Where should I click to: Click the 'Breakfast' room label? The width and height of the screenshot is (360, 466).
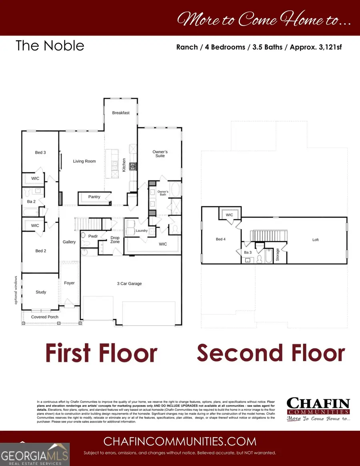pyautogui.click(x=121, y=113)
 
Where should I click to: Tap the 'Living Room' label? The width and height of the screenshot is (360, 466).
pyautogui.click(x=84, y=161)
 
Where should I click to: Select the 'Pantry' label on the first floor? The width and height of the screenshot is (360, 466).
pyautogui.click(x=94, y=197)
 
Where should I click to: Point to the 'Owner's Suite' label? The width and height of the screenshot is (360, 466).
pyautogui.click(x=160, y=154)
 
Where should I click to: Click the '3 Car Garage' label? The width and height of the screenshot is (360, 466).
pyautogui.click(x=130, y=284)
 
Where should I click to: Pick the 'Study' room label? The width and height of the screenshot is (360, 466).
pyautogui.click(x=41, y=292)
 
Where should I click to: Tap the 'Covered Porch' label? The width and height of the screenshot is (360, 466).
pyautogui.click(x=45, y=317)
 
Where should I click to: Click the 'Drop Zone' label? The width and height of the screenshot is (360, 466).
pyautogui.click(x=115, y=240)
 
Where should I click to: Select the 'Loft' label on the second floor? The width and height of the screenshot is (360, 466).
pyautogui.click(x=316, y=240)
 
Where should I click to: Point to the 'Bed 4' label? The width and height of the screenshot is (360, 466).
pyautogui.click(x=220, y=239)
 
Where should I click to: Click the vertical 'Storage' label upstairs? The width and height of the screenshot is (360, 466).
pyautogui.click(x=278, y=255)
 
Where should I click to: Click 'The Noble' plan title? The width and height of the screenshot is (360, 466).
pyautogui.click(x=50, y=46)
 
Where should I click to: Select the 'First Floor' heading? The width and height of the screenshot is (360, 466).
pyautogui.click(x=101, y=353)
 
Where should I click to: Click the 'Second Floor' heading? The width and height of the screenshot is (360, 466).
pyautogui.click(x=270, y=353)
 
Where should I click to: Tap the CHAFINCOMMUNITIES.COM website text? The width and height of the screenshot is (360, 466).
pyautogui.click(x=180, y=441)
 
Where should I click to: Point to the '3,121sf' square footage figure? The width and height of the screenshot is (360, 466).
pyautogui.click(x=327, y=47)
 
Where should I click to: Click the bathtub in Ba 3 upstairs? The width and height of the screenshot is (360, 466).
pyautogui.click(x=269, y=256)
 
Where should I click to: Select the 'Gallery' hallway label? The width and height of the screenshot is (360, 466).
pyautogui.click(x=69, y=242)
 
